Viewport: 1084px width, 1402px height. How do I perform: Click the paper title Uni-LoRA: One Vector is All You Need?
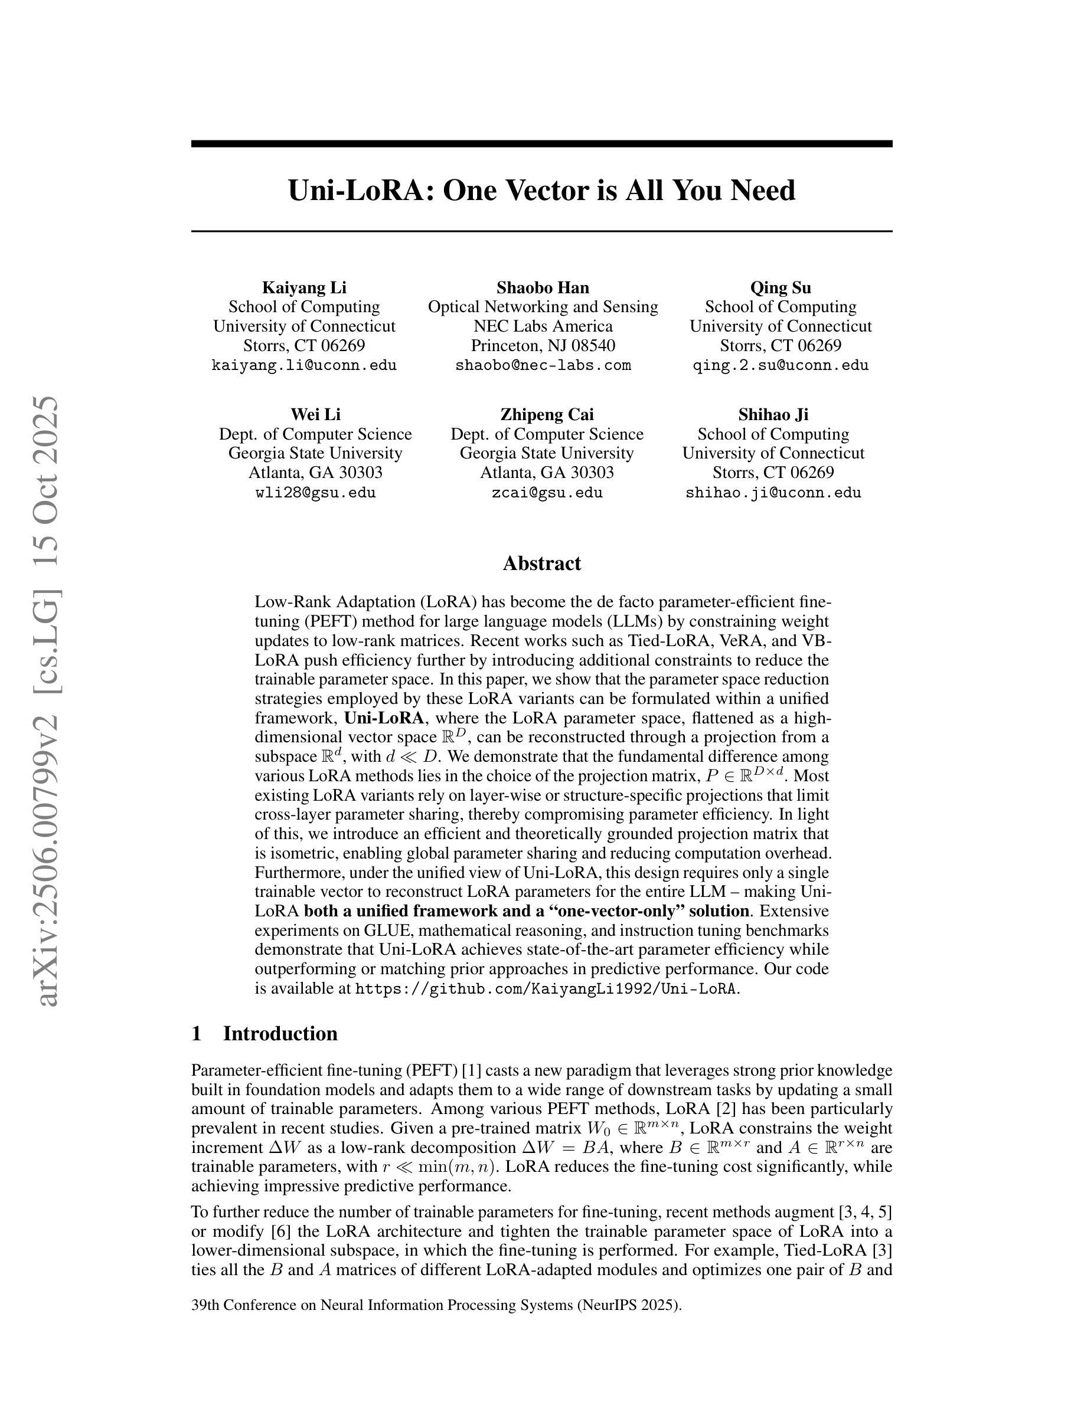point(541,191)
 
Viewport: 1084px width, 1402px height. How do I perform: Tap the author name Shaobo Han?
point(543,287)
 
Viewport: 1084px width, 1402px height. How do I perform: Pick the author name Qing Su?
point(781,287)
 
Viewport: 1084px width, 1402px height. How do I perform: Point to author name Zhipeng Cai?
point(547,414)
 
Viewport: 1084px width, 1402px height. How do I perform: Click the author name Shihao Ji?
point(773,414)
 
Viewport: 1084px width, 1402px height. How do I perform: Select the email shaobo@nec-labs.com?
point(543,366)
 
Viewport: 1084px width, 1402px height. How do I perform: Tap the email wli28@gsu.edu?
point(315,493)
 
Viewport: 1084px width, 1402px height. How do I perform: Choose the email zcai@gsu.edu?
point(547,493)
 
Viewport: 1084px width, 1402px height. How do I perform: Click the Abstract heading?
point(541,564)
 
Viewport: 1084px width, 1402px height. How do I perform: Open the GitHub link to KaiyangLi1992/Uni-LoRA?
point(546,988)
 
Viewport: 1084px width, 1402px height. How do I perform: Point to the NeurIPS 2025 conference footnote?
point(436,1305)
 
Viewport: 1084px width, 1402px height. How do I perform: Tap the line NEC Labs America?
point(543,326)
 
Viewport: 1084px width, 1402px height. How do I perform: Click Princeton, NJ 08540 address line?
point(543,346)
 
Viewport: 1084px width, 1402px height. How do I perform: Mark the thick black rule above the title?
point(541,144)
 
